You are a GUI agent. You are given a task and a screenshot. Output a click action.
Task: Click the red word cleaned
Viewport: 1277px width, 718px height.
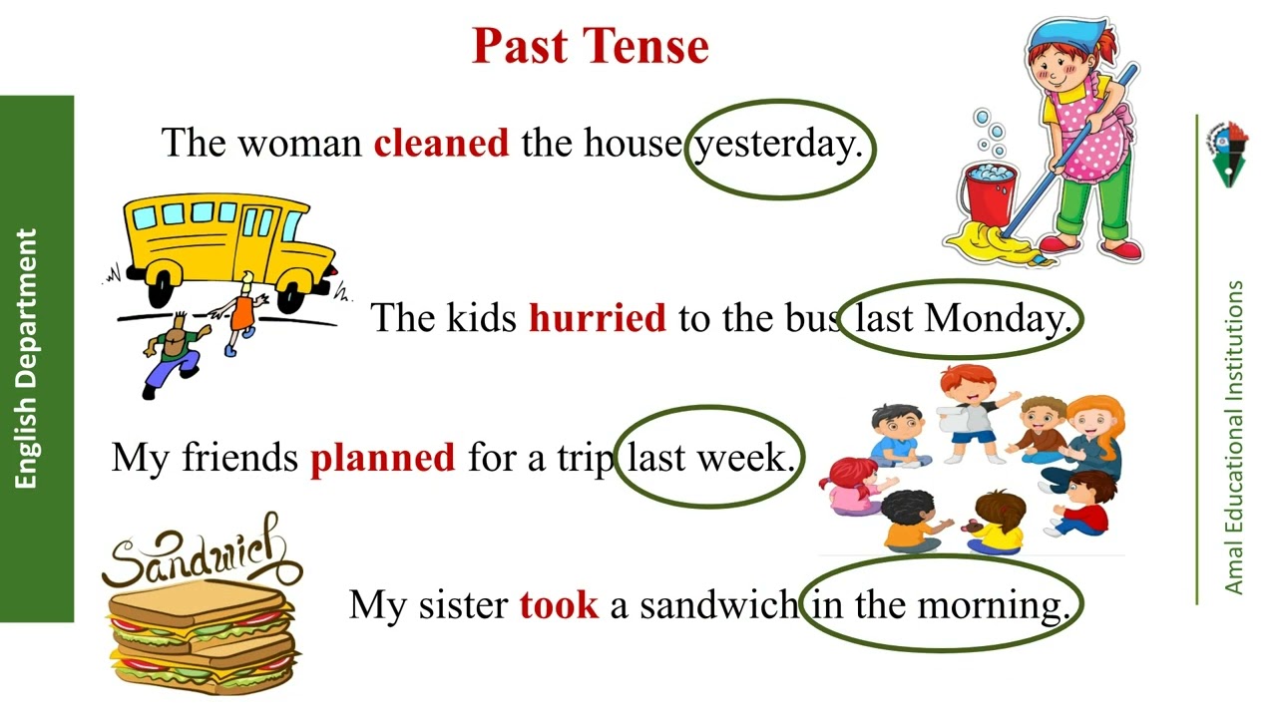(x=441, y=144)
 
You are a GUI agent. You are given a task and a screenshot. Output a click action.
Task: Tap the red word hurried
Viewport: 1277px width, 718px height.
(x=597, y=318)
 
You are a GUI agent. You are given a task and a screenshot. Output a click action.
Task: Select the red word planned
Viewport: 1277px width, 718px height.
(x=382, y=458)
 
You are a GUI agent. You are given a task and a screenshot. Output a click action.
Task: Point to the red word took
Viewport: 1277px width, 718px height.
(x=558, y=604)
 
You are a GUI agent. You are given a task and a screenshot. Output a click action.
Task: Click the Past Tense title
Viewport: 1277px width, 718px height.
(x=590, y=46)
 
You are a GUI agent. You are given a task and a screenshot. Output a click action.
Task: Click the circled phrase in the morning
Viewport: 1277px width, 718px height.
(x=940, y=604)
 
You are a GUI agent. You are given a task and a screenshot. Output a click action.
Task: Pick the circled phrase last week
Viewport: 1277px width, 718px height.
(x=709, y=458)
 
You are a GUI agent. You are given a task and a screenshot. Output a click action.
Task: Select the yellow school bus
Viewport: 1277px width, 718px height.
(x=227, y=244)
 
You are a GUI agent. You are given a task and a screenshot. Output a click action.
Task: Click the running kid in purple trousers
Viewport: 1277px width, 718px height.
(x=175, y=354)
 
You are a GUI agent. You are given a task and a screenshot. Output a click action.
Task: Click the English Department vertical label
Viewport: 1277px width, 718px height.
(x=27, y=359)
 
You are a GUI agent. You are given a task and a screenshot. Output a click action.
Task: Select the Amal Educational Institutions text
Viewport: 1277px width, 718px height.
(x=1234, y=439)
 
